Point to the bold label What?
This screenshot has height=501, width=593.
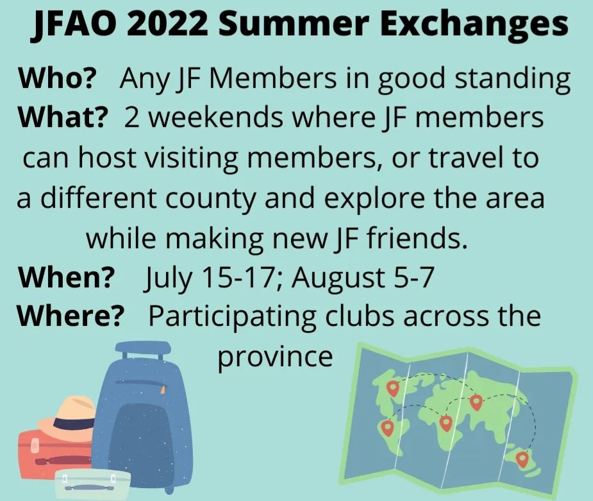click(60, 118)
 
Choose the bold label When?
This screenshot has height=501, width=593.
click(65, 278)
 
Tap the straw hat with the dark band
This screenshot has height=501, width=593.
click(67, 418)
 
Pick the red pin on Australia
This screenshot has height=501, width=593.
click(522, 459)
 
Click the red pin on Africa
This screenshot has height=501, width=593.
click(446, 423)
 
